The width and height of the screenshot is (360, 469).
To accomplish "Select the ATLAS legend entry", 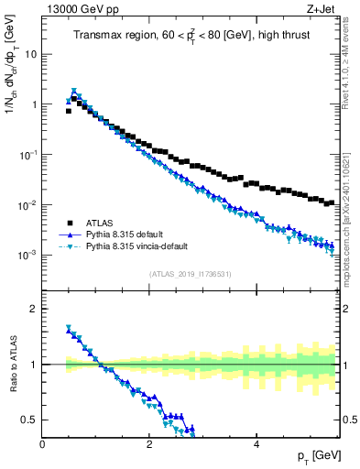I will pyautogui.click(x=100, y=223).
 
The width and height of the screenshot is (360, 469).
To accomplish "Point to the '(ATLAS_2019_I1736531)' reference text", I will pyautogui.click(x=190, y=274).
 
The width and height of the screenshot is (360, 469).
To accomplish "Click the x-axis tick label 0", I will pyautogui.click(x=43, y=443).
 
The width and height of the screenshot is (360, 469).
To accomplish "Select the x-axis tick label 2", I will pyautogui.click(x=149, y=443).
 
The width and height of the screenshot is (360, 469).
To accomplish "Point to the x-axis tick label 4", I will pyautogui.click(x=256, y=443).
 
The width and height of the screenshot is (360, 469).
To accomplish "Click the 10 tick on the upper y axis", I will pyautogui.click(x=30, y=54).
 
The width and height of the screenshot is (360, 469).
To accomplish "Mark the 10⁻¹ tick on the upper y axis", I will pyautogui.click(x=27, y=155).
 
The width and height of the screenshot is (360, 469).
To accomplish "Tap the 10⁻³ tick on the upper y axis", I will pyautogui.click(x=27, y=255).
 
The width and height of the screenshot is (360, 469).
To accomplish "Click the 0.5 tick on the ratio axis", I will pyautogui.click(x=30, y=420).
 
